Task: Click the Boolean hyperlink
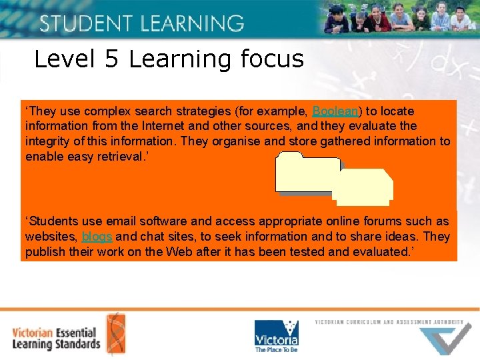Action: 335,111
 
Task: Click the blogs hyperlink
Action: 97,237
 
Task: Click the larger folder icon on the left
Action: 308,173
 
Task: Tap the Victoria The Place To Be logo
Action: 276,335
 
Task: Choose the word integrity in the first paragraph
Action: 48,141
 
